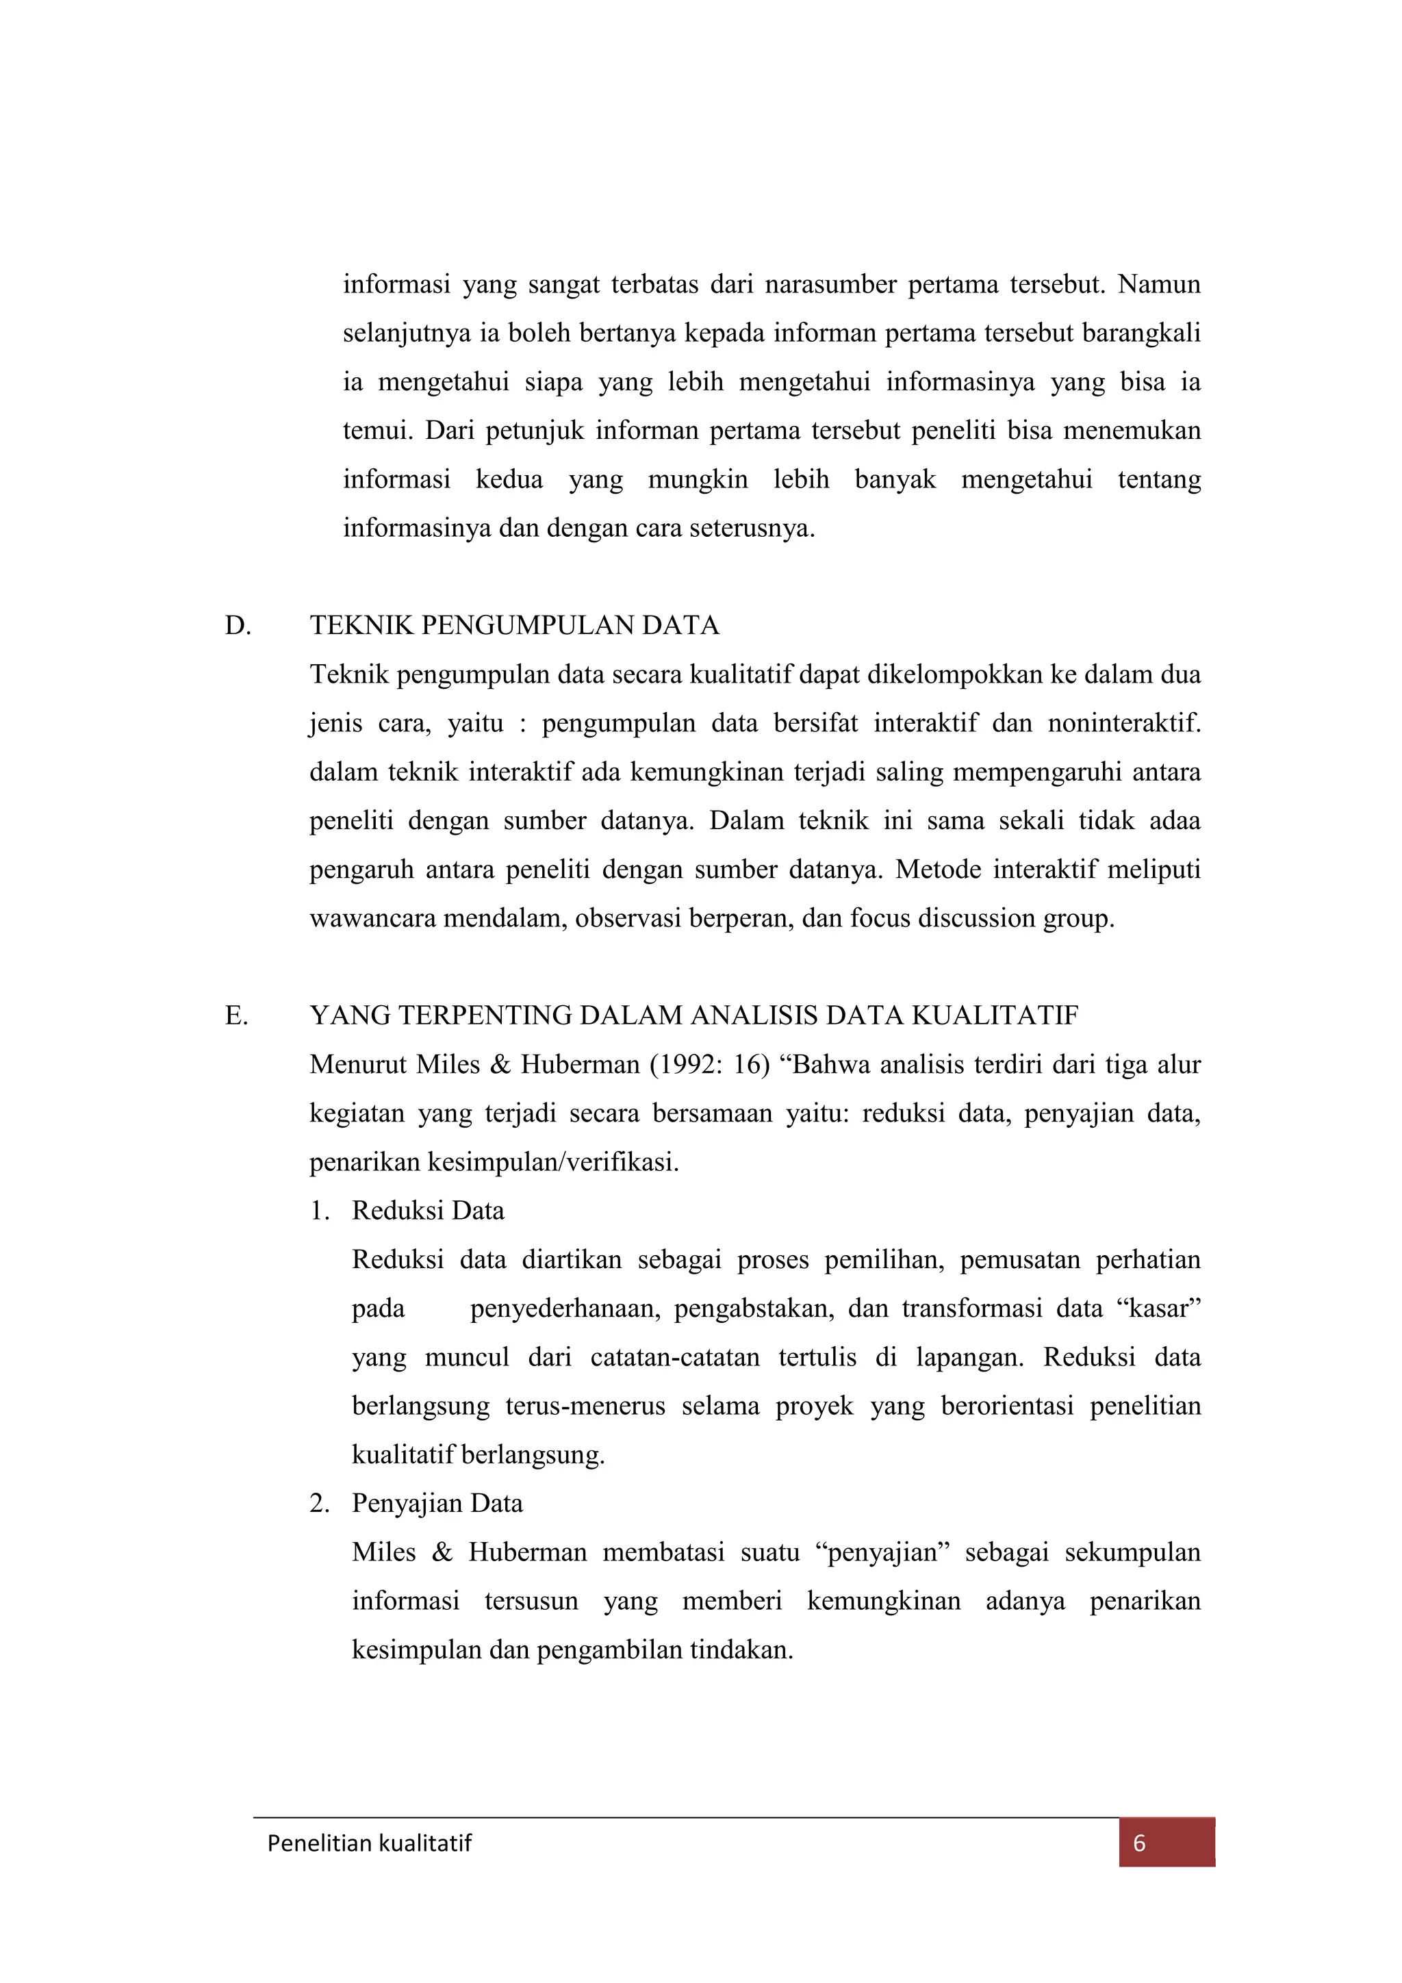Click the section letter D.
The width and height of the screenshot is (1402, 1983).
point(238,625)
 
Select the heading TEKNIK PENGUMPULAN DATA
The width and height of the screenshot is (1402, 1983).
point(515,625)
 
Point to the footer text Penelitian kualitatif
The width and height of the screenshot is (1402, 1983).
point(370,1843)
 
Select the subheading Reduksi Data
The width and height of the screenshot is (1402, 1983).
point(428,1210)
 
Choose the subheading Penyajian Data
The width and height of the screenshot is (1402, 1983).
point(437,1503)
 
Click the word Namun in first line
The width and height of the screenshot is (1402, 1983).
point(1158,284)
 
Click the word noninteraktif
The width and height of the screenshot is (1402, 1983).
point(1124,723)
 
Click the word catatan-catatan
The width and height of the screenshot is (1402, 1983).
point(675,1357)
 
